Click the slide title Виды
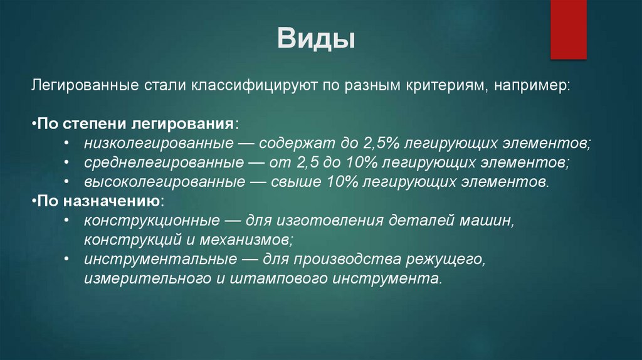[317, 40]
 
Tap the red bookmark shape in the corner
[568, 29]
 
